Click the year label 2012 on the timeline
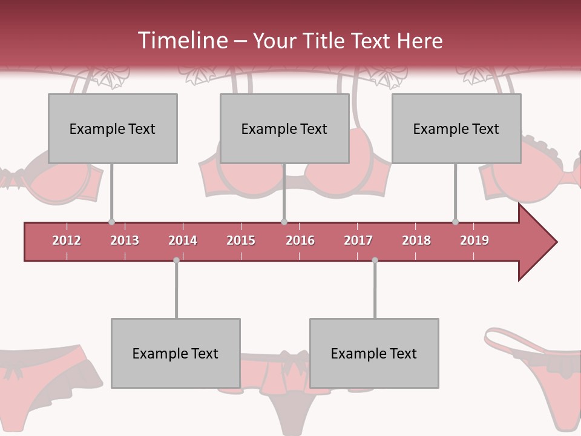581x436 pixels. click(67, 240)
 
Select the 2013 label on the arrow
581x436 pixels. click(125, 240)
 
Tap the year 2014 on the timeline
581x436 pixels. click(183, 240)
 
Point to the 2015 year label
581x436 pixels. click(241, 240)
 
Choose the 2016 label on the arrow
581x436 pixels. click(300, 240)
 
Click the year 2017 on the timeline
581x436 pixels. click(358, 240)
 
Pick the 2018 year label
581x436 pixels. click(416, 240)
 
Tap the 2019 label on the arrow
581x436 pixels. click(474, 240)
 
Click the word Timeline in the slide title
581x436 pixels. click(182, 41)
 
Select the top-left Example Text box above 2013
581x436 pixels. click(113, 128)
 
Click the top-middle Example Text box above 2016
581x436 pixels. click(284, 128)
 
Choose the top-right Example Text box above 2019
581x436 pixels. click(456, 128)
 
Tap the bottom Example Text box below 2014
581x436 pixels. click(176, 353)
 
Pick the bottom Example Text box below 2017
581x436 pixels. click(374, 353)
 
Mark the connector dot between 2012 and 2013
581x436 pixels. click(111, 222)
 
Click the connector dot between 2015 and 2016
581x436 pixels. click(284, 222)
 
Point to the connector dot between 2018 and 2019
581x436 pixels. click(455, 222)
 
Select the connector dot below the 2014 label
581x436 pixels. click(176, 260)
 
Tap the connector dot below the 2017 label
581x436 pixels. click(375, 260)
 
